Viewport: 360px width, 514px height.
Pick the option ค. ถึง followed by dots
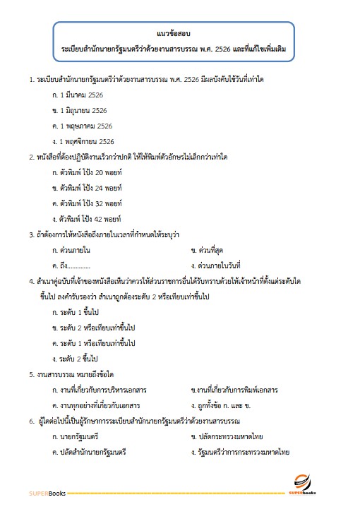point(72,265)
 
